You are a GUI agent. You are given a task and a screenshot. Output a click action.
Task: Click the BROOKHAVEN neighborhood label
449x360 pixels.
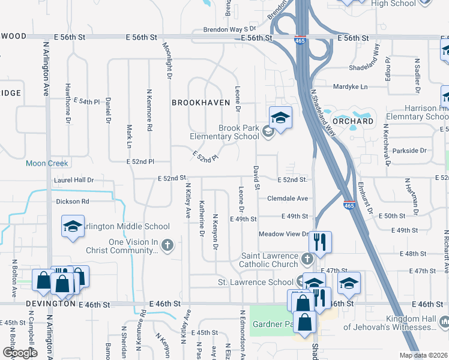coord(201,103)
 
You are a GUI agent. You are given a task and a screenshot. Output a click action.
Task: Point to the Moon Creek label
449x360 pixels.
coord(47,163)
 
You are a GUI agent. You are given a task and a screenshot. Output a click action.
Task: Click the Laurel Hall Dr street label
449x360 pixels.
coord(74,179)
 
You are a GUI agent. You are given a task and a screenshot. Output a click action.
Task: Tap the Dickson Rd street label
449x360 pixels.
coord(73,202)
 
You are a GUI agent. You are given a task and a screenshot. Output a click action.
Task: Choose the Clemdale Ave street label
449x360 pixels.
coord(287,198)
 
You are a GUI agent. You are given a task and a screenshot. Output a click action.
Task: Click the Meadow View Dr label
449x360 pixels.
coord(283,234)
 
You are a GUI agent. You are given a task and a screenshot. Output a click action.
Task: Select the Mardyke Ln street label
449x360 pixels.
coord(350,86)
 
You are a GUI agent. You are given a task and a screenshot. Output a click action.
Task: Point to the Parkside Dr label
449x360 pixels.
coord(411,151)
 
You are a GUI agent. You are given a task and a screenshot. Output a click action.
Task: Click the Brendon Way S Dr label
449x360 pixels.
coord(229,28)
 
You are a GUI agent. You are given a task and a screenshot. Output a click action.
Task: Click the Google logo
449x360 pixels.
coord(20,353)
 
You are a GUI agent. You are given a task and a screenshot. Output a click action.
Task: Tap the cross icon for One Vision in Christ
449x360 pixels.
coord(167,245)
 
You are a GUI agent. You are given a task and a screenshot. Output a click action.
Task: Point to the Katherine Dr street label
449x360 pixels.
coord(202,217)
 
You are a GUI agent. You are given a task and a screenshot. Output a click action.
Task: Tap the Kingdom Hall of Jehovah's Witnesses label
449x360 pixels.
coord(390,323)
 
